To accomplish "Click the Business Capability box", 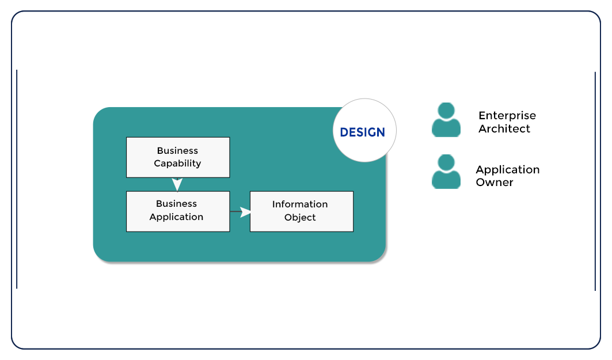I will (178, 157).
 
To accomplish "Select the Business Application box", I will (178, 211).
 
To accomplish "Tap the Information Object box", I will (301, 211).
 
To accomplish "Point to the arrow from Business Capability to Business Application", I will (177, 184).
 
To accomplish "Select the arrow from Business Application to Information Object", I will (241, 212).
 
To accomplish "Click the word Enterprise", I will (507, 116).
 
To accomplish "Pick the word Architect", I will (504, 129).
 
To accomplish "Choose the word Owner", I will (494, 183).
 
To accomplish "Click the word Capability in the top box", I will (177, 164).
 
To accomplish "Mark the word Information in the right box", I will (300, 204).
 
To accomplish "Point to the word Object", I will (300, 218).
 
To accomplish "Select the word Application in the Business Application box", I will (176, 217).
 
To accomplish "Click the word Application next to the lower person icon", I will (507, 170).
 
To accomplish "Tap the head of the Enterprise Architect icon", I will (446, 111).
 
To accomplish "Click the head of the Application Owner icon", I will (446, 162).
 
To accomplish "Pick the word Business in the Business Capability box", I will (177, 151).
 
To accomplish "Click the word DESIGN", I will (362, 132).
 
